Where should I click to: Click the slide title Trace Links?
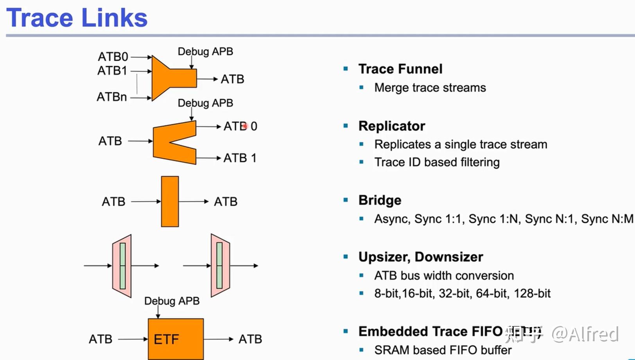77,18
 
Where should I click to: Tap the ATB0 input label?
113,57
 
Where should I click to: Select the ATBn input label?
112,97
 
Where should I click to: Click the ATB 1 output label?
240,158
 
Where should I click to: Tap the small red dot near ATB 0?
245,126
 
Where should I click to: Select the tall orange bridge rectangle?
170,201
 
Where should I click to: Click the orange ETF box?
175,339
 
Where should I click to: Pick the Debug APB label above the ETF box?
172,301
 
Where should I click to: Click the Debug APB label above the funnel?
205,52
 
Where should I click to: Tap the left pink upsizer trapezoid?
122,266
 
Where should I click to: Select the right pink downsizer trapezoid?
220,266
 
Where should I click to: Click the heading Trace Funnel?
400,69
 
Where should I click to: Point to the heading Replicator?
392,126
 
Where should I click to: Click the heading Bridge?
380,200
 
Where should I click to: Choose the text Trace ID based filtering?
437,162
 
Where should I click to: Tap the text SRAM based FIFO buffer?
443,350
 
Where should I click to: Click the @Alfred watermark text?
585,335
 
